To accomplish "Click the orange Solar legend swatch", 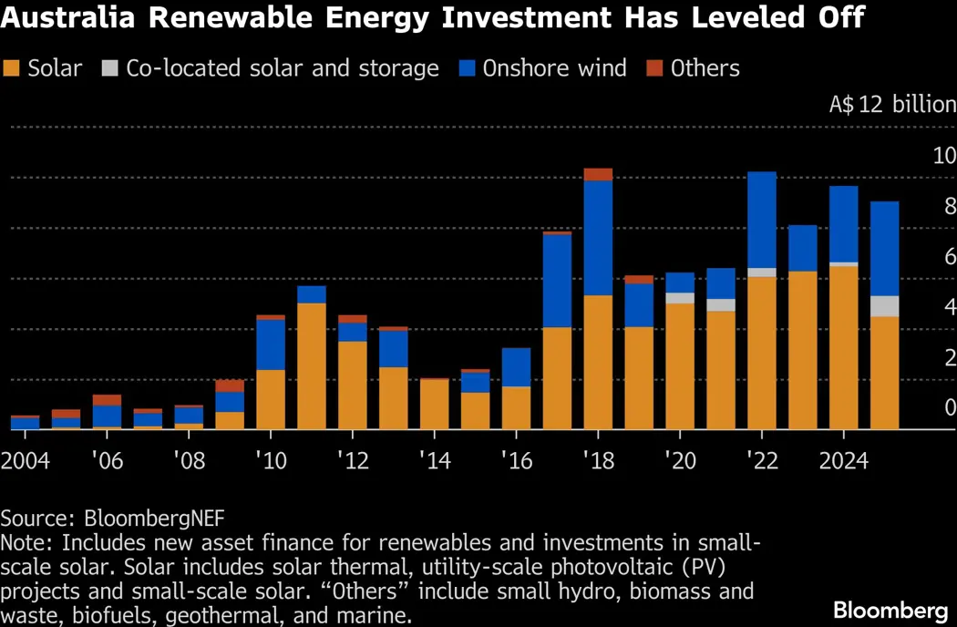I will [13, 68].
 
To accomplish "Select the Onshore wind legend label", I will [554, 68].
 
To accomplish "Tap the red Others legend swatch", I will [655, 68].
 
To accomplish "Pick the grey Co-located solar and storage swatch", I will [110, 68].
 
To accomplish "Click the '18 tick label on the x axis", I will [598, 460].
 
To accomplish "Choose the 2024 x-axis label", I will [842, 460].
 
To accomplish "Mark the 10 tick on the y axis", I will [943, 155].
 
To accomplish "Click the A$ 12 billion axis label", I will [891, 104].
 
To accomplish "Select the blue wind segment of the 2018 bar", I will [598, 237].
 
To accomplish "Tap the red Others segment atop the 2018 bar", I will [598, 174].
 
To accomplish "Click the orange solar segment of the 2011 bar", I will [311, 365].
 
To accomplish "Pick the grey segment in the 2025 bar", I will [884, 306].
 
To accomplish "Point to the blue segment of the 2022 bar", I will [761, 219].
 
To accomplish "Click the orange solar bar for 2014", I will [434, 404].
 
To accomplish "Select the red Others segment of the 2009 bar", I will [230, 385].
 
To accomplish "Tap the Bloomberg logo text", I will [890, 609].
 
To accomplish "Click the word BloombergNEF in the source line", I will [154, 519].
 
